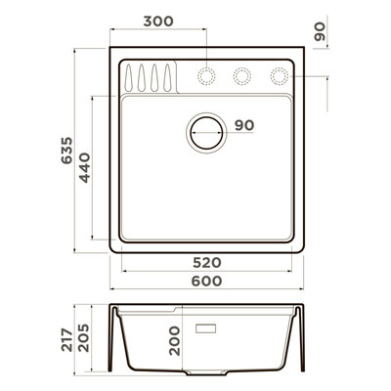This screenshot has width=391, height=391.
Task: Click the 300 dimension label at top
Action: (158, 22)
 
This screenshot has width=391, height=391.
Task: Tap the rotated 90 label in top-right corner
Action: (320, 31)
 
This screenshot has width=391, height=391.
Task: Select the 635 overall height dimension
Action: (66, 151)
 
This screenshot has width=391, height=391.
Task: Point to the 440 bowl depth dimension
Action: (85, 167)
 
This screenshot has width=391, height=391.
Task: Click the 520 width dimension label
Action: (207, 262)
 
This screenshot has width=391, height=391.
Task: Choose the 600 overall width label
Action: (207, 281)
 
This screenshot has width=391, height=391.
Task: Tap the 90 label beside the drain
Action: (244, 125)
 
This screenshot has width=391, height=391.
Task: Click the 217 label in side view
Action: (67, 340)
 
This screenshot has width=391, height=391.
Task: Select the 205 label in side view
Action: (83, 337)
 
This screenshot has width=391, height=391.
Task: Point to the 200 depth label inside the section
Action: (174, 341)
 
